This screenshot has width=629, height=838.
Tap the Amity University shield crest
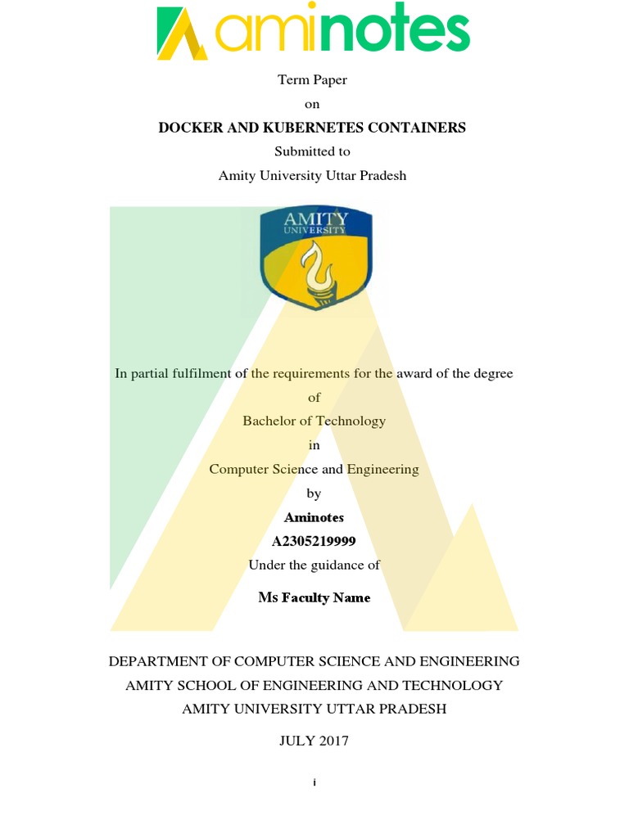pyautogui.click(x=315, y=257)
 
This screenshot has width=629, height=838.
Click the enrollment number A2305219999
pyautogui.click(x=314, y=542)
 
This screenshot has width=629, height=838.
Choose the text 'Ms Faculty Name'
pyautogui.click(x=314, y=598)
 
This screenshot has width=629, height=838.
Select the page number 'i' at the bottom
pyautogui.click(x=314, y=783)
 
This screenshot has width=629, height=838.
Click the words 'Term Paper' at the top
pyautogui.click(x=314, y=80)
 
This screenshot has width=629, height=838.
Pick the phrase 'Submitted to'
pyautogui.click(x=314, y=151)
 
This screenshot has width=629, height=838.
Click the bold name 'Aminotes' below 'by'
pyautogui.click(x=314, y=518)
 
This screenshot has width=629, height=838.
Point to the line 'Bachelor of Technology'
pyautogui.click(x=314, y=421)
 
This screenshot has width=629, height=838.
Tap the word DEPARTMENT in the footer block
pyautogui.click(x=161, y=661)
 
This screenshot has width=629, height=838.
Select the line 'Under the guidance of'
pyautogui.click(x=314, y=565)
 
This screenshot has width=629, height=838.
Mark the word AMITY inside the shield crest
pyautogui.click(x=315, y=219)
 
